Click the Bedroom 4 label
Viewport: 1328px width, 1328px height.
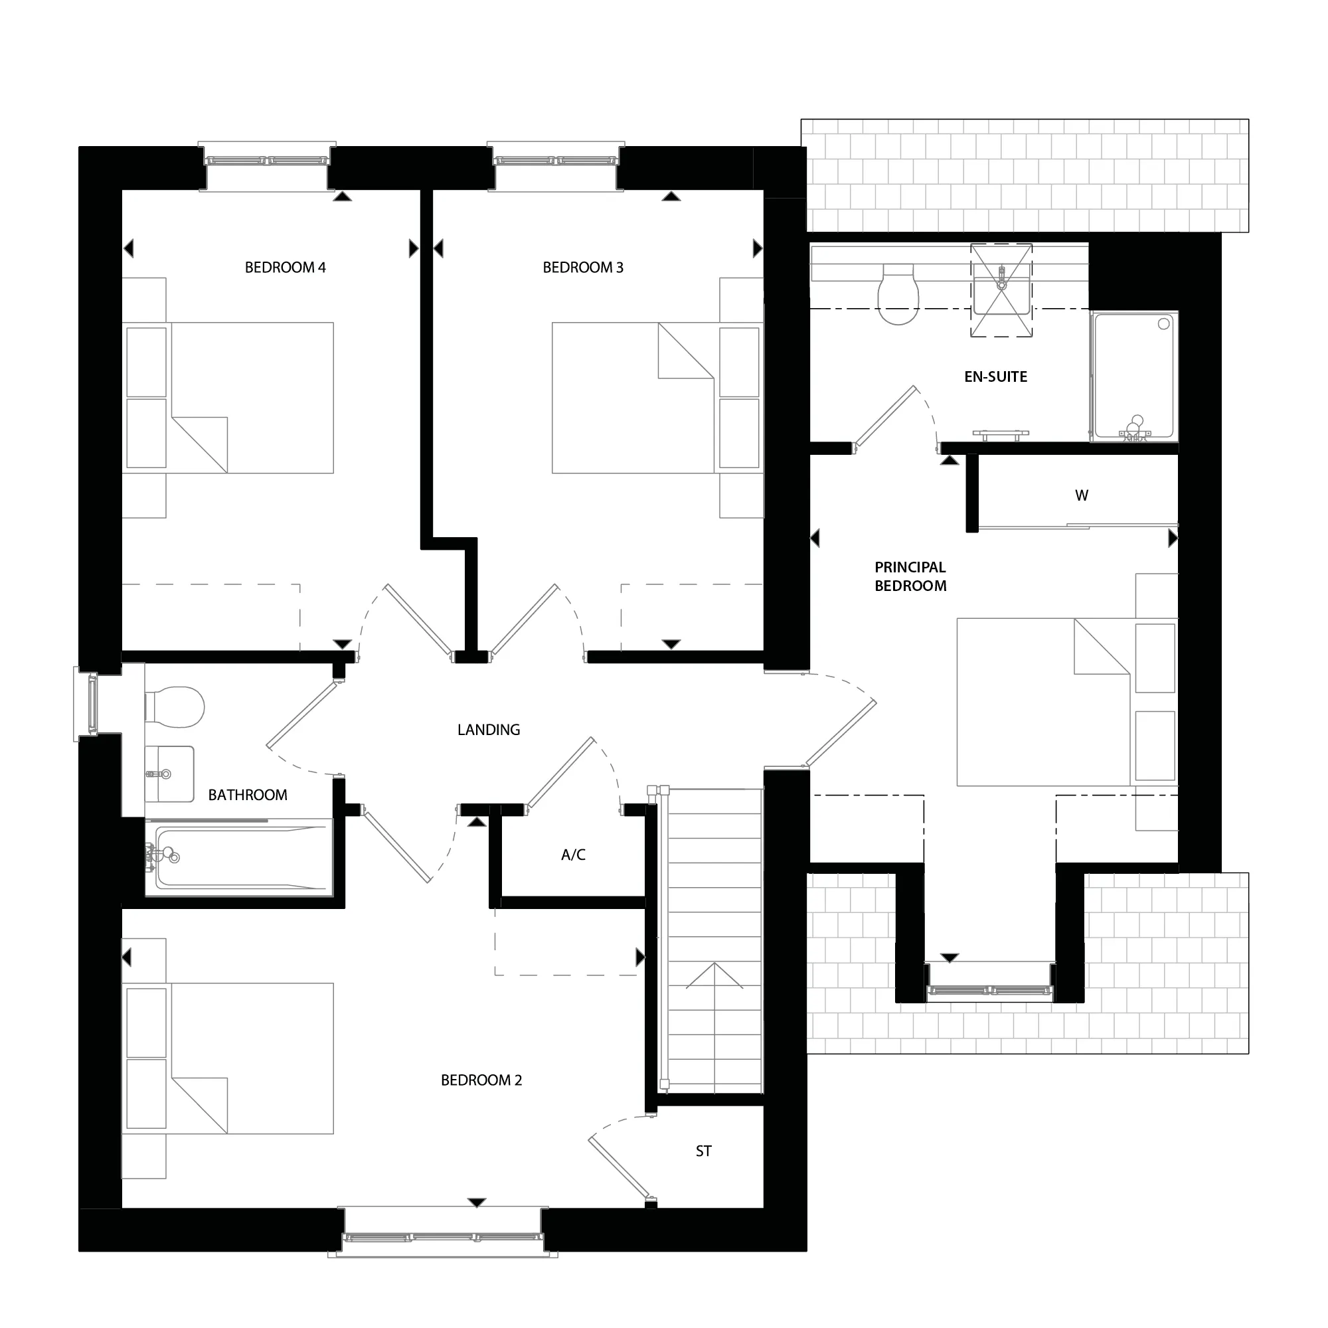pyautogui.click(x=286, y=268)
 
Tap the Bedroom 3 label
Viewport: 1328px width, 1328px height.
pyautogui.click(x=583, y=268)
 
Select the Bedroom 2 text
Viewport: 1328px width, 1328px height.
pyautogui.click(x=481, y=1080)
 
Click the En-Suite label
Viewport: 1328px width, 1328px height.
pyautogui.click(x=995, y=376)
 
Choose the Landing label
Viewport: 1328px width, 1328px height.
pyautogui.click(x=489, y=729)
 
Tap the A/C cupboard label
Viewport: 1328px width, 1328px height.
pyautogui.click(x=573, y=855)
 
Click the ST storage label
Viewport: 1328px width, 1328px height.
pyautogui.click(x=703, y=1151)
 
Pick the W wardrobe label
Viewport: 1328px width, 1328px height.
pyautogui.click(x=1081, y=495)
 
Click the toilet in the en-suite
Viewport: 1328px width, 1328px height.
pyautogui.click(x=898, y=295)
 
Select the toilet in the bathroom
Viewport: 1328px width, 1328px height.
pyautogui.click(x=176, y=706)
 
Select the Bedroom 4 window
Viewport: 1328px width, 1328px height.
pyautogui.click(x=268, y=161)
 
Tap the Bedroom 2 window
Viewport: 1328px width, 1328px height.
pyautogui.click(x=444, y=1237)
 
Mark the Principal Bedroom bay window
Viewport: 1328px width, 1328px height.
pyautogui.click(x=989, y=991)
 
